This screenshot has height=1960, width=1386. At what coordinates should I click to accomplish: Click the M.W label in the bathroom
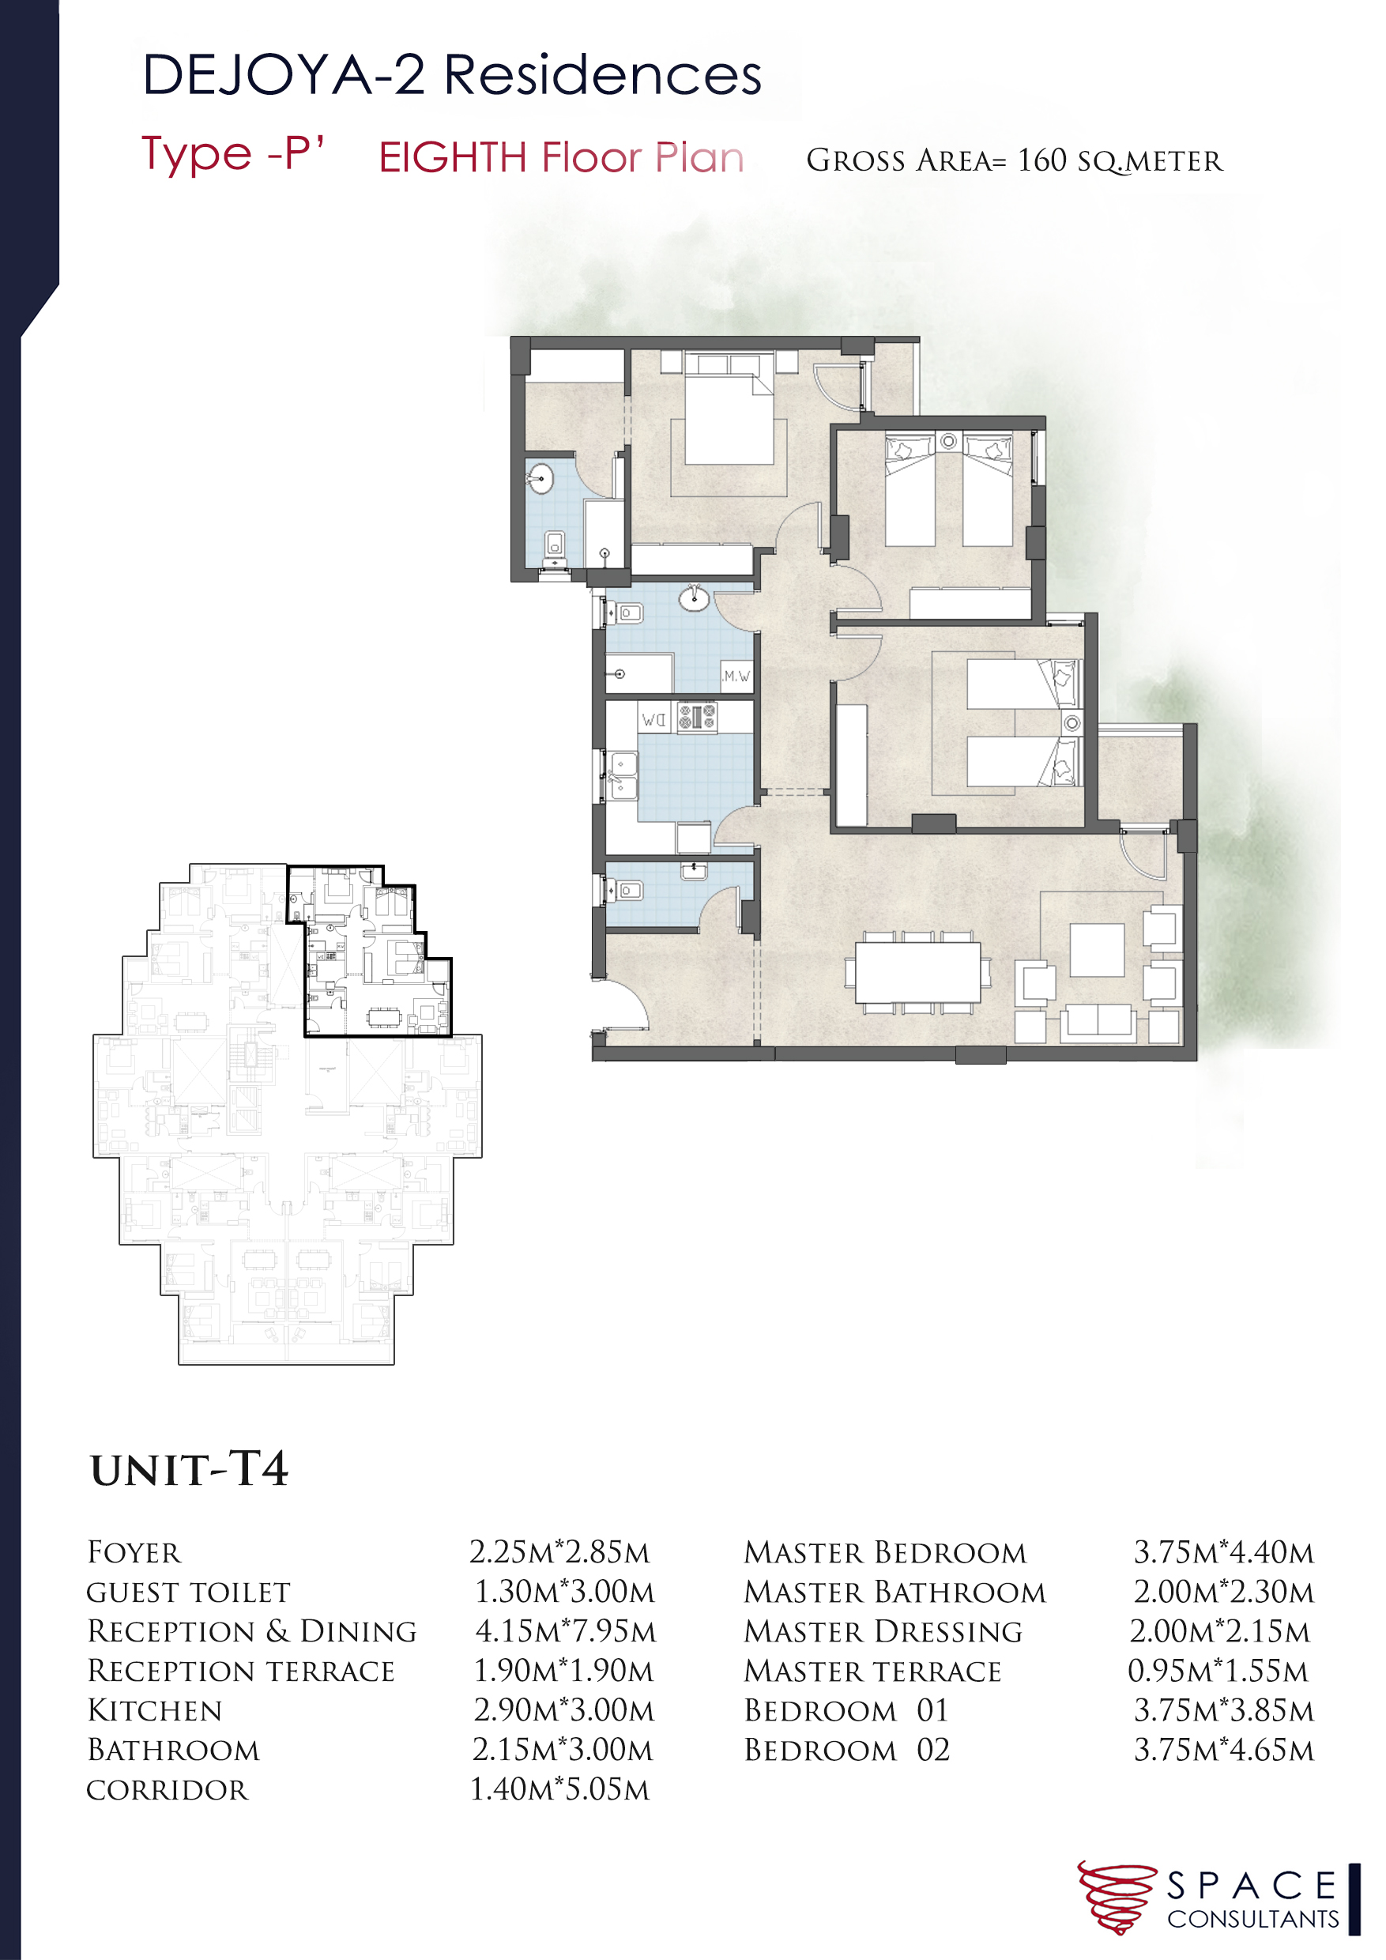pos(736,676)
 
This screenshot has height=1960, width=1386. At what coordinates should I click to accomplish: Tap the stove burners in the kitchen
pos(697,717)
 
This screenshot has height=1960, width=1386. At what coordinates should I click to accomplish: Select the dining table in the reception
pos(917,971)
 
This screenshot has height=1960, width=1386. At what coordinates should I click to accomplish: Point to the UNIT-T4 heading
pos(190,1470)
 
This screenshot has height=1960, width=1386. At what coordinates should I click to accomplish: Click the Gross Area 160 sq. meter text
pos(1014,160)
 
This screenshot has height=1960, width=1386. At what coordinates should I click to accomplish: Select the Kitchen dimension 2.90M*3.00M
pos(564,1711)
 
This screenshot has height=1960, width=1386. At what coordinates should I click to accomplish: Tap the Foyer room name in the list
pos(134,1553)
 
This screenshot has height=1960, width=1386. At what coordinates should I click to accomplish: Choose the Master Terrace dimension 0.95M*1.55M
pos(1218,1671)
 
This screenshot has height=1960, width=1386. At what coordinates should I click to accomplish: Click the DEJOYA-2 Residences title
pos(451,75)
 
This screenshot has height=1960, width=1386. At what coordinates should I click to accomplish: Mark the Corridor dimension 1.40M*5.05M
pos(561,1789)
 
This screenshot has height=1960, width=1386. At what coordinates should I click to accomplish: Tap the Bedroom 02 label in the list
pos(846,1750)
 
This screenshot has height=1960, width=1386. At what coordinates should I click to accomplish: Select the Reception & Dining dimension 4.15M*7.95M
pos(565,1631)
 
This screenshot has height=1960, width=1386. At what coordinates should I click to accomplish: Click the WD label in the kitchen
pos(653,720)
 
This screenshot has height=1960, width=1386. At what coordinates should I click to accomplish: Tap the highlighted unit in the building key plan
pos(375,956)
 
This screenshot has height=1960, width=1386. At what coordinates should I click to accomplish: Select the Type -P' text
pos(232,155)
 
